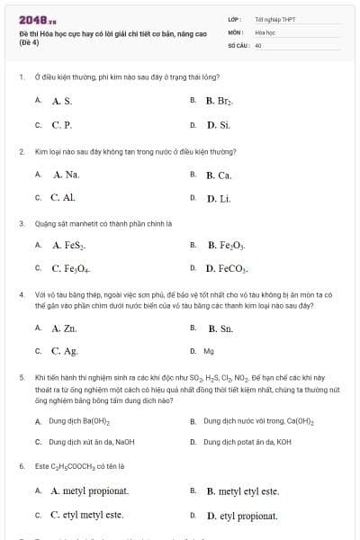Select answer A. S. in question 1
61,102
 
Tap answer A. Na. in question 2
66,175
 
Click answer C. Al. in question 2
62,197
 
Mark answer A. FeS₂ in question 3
68,245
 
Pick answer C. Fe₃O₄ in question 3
69,268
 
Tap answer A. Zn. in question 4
64,328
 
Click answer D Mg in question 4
208,352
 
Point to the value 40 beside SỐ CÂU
258,44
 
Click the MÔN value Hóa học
264,31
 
